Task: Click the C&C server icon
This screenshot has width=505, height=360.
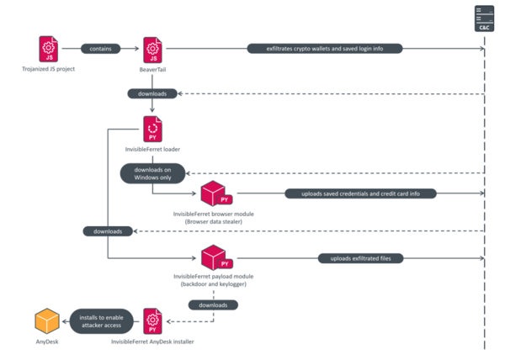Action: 484,18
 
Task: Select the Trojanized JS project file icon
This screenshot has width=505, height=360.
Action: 48,48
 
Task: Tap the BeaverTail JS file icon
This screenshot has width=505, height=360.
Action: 152,48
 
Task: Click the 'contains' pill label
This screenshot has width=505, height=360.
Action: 100,48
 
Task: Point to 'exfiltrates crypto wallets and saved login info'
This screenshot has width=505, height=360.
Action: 324,48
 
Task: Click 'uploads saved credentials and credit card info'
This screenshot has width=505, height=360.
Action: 364,193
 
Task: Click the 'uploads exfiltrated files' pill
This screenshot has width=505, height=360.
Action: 360,257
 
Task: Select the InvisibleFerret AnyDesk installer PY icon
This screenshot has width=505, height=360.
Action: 152,321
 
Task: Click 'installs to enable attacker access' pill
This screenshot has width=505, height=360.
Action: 100,321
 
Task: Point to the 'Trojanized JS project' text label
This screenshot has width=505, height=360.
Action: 48,69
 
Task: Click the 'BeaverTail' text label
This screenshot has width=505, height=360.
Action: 152,69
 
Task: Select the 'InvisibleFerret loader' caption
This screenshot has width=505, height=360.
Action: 152,150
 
